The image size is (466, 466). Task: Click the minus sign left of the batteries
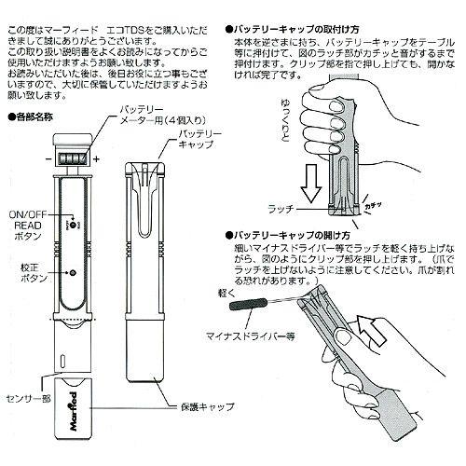[46, 159]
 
